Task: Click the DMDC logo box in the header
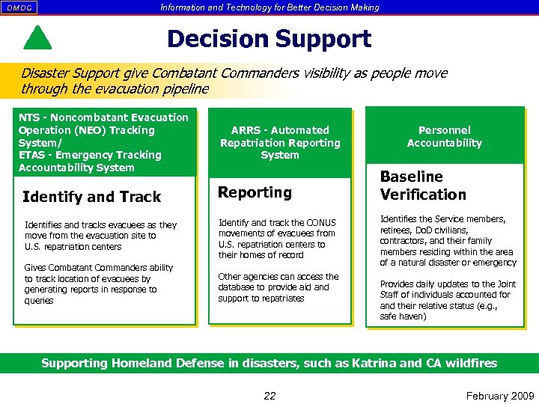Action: pos(20,7)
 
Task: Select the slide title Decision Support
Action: pos(269,39)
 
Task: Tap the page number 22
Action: pos(269,396)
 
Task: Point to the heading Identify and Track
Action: pos(92,197)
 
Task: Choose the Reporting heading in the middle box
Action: pos(255,192)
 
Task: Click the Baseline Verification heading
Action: pos(423,186)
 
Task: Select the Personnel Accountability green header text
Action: pos(444,136)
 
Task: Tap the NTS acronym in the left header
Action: pos(29,117)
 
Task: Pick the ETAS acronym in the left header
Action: pos(34,155)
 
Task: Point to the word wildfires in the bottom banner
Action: pos(469,363)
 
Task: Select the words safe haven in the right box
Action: pos(404,316)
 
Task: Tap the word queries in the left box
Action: pos(39,301)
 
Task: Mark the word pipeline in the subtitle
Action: pos(186,89)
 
